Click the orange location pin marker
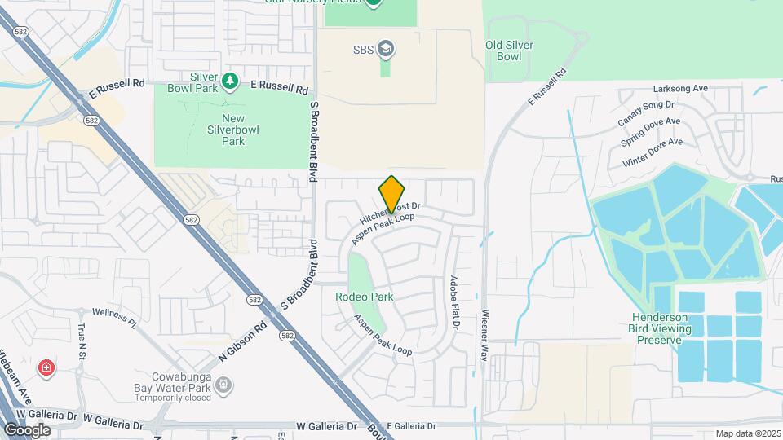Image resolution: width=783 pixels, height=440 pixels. (x=391, y=194)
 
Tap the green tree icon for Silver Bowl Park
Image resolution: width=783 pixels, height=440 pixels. (x=231, y=80)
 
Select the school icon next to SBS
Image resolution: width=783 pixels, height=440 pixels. (x=387, y=50)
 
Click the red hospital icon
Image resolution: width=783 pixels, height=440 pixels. (x=47, y=369)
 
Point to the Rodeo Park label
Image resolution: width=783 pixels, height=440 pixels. (x=364, y=297)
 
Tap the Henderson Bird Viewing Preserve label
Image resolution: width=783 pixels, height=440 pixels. (x=661, y=328)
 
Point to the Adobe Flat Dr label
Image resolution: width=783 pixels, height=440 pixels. (x=454, y=302)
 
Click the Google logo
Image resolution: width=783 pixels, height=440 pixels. (x=27, y=430)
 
